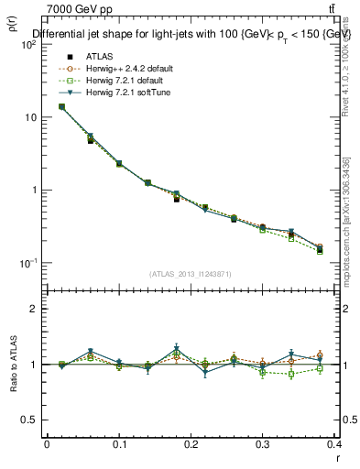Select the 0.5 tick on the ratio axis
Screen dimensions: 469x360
(x=31, y=420)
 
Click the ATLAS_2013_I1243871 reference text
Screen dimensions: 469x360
(x=190, y=274)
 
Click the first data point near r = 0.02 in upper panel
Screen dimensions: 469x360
(x=61, y=106)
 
